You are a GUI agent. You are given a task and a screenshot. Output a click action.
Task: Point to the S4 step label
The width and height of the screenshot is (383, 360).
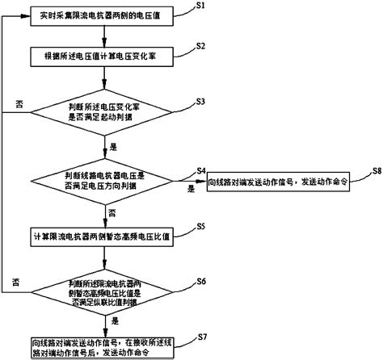[203, 170]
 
